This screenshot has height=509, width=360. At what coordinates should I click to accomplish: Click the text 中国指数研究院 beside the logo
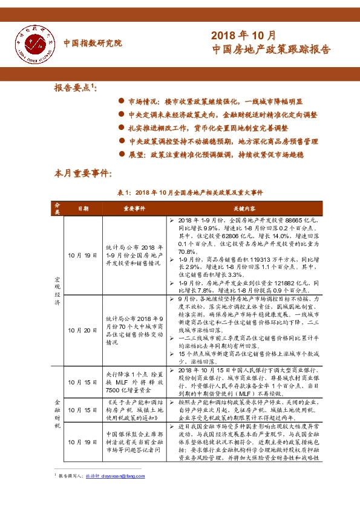pyautogui.click(x=93, y=44)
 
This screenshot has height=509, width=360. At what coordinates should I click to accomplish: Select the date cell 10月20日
pyautogui.click(x=83, y=330)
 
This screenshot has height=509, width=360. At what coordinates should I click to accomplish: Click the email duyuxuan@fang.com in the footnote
pyautogui.click(x=123, y=494)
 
